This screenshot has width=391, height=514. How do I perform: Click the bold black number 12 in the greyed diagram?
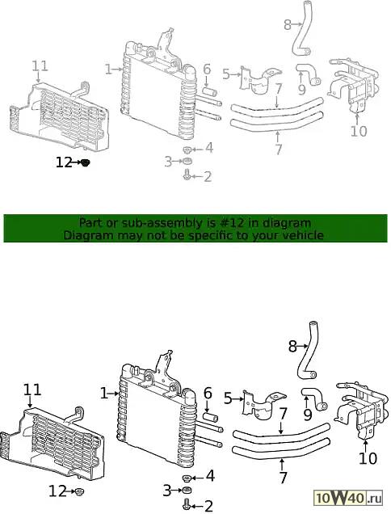64,162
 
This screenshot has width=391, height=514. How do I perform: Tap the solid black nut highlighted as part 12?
85,162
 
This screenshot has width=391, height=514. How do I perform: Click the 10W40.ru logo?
348,499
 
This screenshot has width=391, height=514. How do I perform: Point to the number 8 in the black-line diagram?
292,346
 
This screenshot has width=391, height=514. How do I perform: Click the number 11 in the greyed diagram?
40,66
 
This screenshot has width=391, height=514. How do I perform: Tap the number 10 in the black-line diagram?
368,458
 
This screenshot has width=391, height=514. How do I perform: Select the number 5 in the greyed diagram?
226,74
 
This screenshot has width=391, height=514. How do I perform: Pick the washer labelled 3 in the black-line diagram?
187,491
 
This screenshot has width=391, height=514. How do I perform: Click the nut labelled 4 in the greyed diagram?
187,150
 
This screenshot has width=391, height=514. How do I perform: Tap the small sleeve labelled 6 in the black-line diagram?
210,418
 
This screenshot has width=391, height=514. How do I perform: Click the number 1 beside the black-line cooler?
104,394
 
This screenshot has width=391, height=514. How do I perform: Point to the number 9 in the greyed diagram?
301,89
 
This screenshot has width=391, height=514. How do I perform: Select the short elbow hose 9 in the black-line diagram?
314,398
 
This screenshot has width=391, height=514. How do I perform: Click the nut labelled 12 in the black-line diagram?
78,491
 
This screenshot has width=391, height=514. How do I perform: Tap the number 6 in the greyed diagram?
207,70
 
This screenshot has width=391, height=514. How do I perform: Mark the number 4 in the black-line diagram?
210,476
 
